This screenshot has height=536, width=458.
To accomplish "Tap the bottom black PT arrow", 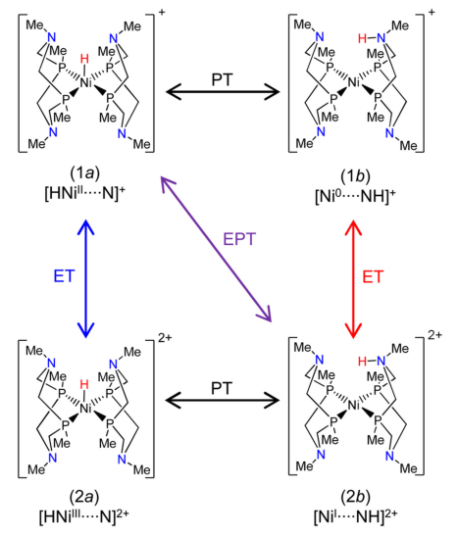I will (228, 400).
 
